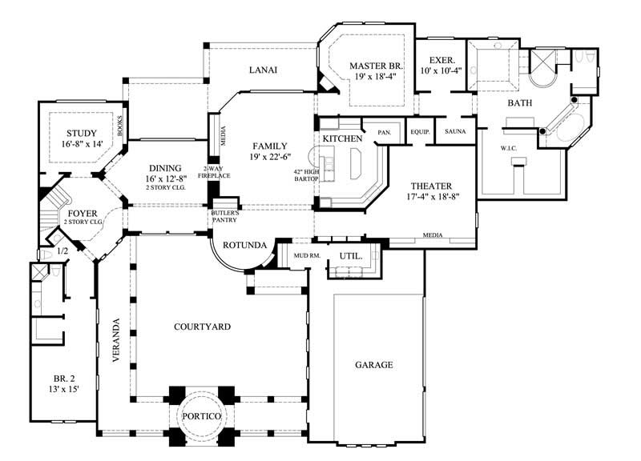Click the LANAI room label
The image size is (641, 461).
pyautogui.click(x=262, y=70)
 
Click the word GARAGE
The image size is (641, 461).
pyautogui.click(x=374, y=365)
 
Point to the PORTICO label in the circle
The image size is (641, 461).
pyautogui.click(x=200, y=418)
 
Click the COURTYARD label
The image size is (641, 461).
pyautogui.click(x=203, y=327)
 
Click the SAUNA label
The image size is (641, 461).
pyautogui.click(x=455, y=131)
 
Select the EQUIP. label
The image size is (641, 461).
pyautogui.click(x=421, y=131)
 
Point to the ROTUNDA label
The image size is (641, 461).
pyautogui.click(x=245, y=245)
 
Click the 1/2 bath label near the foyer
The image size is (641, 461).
pyautogui.click(x=62, y=251)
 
